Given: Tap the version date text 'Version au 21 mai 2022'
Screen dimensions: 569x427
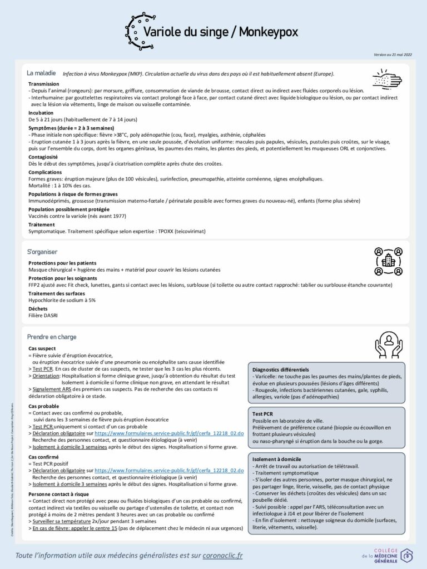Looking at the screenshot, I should click(393, 55).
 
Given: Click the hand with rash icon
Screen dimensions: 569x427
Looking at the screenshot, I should click(386, 79).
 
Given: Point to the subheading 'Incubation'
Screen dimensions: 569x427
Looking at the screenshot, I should click(41, 113).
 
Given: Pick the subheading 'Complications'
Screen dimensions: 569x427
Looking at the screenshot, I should click(45, 172).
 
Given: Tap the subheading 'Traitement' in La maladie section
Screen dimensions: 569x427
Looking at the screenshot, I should click(42, 224).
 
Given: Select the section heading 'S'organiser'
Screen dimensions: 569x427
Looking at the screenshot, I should click(42, 252).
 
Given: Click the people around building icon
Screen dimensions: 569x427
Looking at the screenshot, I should click(388, 261).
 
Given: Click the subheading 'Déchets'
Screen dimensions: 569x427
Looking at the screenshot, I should click(38, 308).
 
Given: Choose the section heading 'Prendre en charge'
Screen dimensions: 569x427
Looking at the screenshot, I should click(52, 337).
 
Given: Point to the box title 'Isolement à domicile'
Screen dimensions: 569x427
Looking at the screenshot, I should click(277, 460).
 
